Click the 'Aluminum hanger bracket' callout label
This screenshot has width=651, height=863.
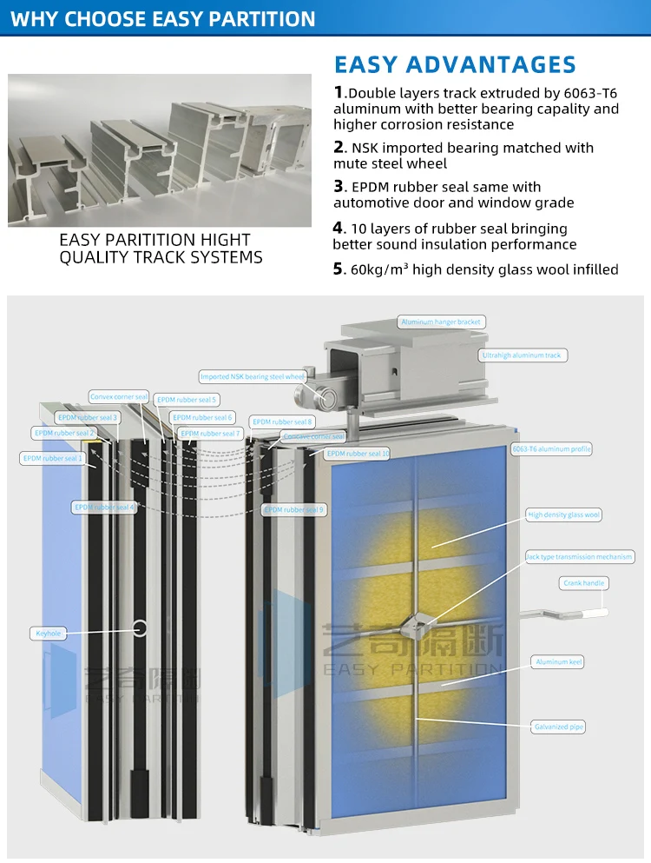click(441, 322)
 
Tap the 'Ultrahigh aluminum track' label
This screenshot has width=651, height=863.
click(522, 355)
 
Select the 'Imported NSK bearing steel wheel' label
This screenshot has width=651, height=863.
click(253, 377)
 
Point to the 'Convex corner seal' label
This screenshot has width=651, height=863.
click(119, 397)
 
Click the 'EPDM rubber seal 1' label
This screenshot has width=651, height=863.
click(52, 458)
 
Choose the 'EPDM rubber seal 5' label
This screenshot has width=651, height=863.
click(187, 400)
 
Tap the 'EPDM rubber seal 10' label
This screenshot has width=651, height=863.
click(358, 454)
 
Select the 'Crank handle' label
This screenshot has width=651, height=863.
click(583, 583)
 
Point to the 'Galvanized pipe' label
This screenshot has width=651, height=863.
click(558, 727)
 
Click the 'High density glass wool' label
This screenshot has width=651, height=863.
click(564, 515)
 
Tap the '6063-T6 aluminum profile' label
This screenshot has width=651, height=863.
click(551, 449)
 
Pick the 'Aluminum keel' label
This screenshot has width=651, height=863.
click(559, 662)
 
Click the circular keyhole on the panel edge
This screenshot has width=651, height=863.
click(139, 627)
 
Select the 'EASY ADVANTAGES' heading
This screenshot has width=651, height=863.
click(455, 65)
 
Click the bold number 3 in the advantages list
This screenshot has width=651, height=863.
click(339, 187)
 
